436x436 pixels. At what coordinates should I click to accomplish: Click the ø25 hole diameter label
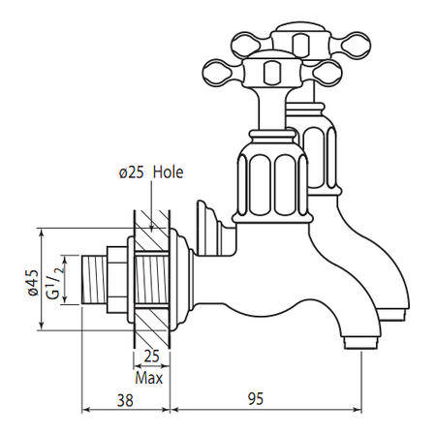[x=132, y=173]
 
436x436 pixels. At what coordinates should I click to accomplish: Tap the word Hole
[x=168, y=172]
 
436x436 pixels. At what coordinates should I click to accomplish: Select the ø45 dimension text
[x=33, y=283]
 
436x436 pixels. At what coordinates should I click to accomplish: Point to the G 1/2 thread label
[x=55, y=279]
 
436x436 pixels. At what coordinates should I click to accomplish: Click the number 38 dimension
[x=125, y=401]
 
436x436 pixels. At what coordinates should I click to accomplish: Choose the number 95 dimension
[x=256, y=399]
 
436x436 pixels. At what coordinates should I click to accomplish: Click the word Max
[x=149, y=378]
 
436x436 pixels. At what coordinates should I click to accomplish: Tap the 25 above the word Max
[x=151, y=357]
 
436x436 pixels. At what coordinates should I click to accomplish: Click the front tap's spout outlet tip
[x=360, y=343]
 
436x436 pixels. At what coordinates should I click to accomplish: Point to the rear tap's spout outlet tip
[x=391, y=315]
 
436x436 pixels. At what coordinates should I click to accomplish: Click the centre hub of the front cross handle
[x=270, y=72]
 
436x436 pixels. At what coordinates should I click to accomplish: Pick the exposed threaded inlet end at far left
[x=94, y=280]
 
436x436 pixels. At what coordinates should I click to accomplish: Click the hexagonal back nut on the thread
[x=117, y=280]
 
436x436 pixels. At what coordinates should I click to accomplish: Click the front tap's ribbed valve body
[x=272, y=184]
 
